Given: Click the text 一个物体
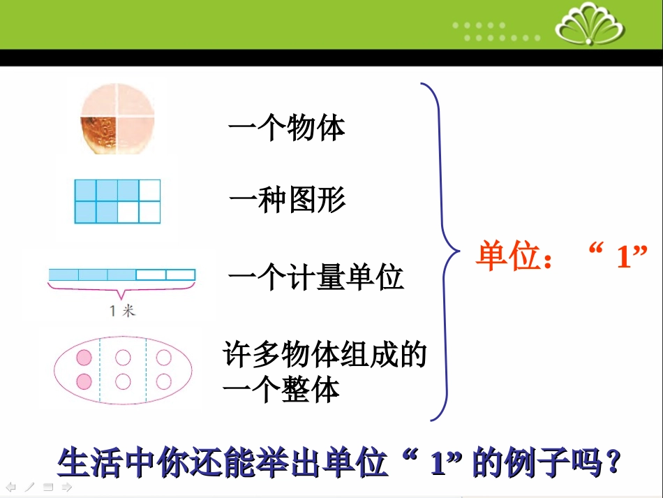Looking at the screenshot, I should [287, 129].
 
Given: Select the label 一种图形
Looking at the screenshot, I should [287, 201].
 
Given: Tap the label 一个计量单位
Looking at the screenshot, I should [316, 277].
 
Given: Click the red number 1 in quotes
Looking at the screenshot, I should [623, 258].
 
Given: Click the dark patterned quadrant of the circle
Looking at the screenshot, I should [99, 135].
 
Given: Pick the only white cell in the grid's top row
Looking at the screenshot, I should [149, 191].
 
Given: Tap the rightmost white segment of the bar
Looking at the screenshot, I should [181, 274].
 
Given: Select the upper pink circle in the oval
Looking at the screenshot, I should [84, 358].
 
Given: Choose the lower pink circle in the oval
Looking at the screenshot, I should [84, 381].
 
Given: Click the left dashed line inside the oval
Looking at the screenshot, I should [100, 370].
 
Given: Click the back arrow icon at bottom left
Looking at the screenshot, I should [10, 487].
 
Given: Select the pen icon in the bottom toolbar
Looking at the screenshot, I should [29, 487].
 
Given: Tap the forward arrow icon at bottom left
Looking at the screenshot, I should [67, 487].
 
